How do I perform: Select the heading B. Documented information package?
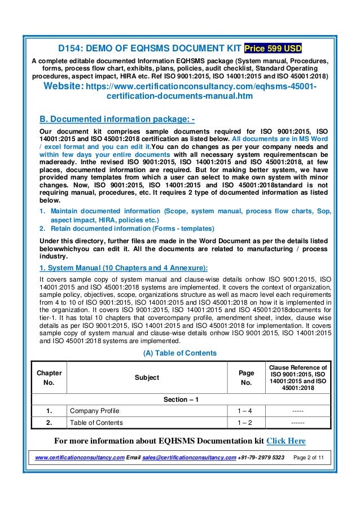click(117, 119)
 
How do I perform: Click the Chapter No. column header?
click(49, 378)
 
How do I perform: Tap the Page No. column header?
click(247, 378)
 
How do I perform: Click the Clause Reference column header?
click(298, 378)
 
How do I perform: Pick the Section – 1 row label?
click(180, 400)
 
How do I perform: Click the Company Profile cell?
click(94, 411)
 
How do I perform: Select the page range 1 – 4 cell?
click(247, 411)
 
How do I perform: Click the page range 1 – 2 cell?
click(247, 422)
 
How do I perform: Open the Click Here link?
click(286, 441)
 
